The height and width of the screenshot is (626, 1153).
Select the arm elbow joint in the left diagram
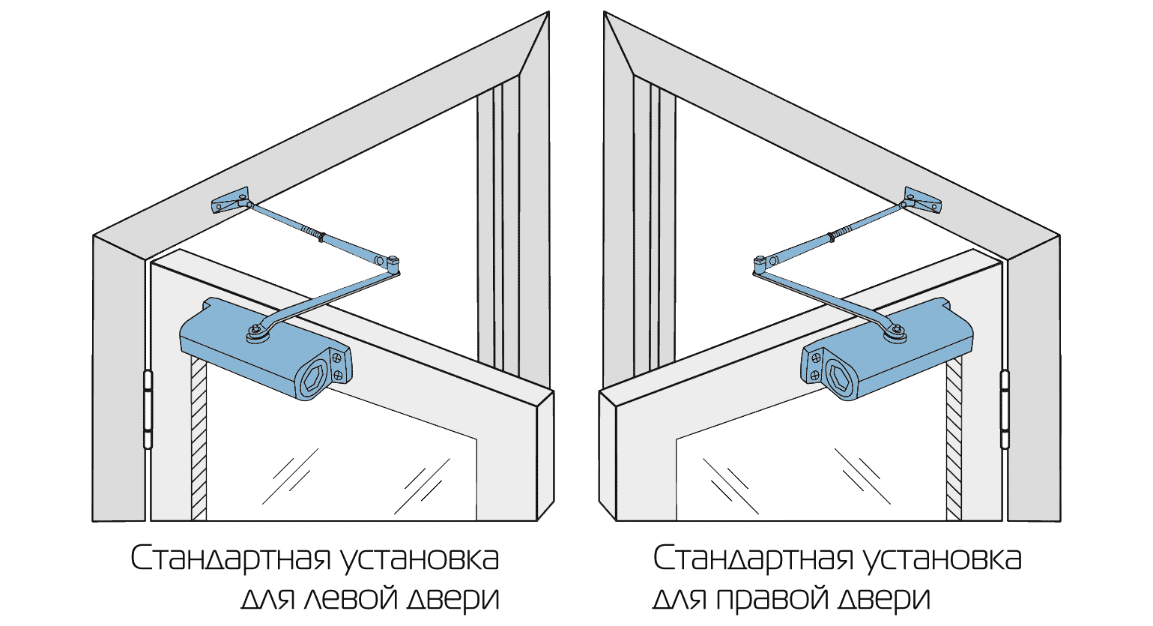393,264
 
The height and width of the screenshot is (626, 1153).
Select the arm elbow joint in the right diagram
760,264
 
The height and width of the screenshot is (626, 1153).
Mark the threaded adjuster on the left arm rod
312,232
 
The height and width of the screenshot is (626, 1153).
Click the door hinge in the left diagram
148,409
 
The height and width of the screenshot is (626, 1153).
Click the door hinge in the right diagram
1005,409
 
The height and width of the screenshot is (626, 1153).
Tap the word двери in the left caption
453,599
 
